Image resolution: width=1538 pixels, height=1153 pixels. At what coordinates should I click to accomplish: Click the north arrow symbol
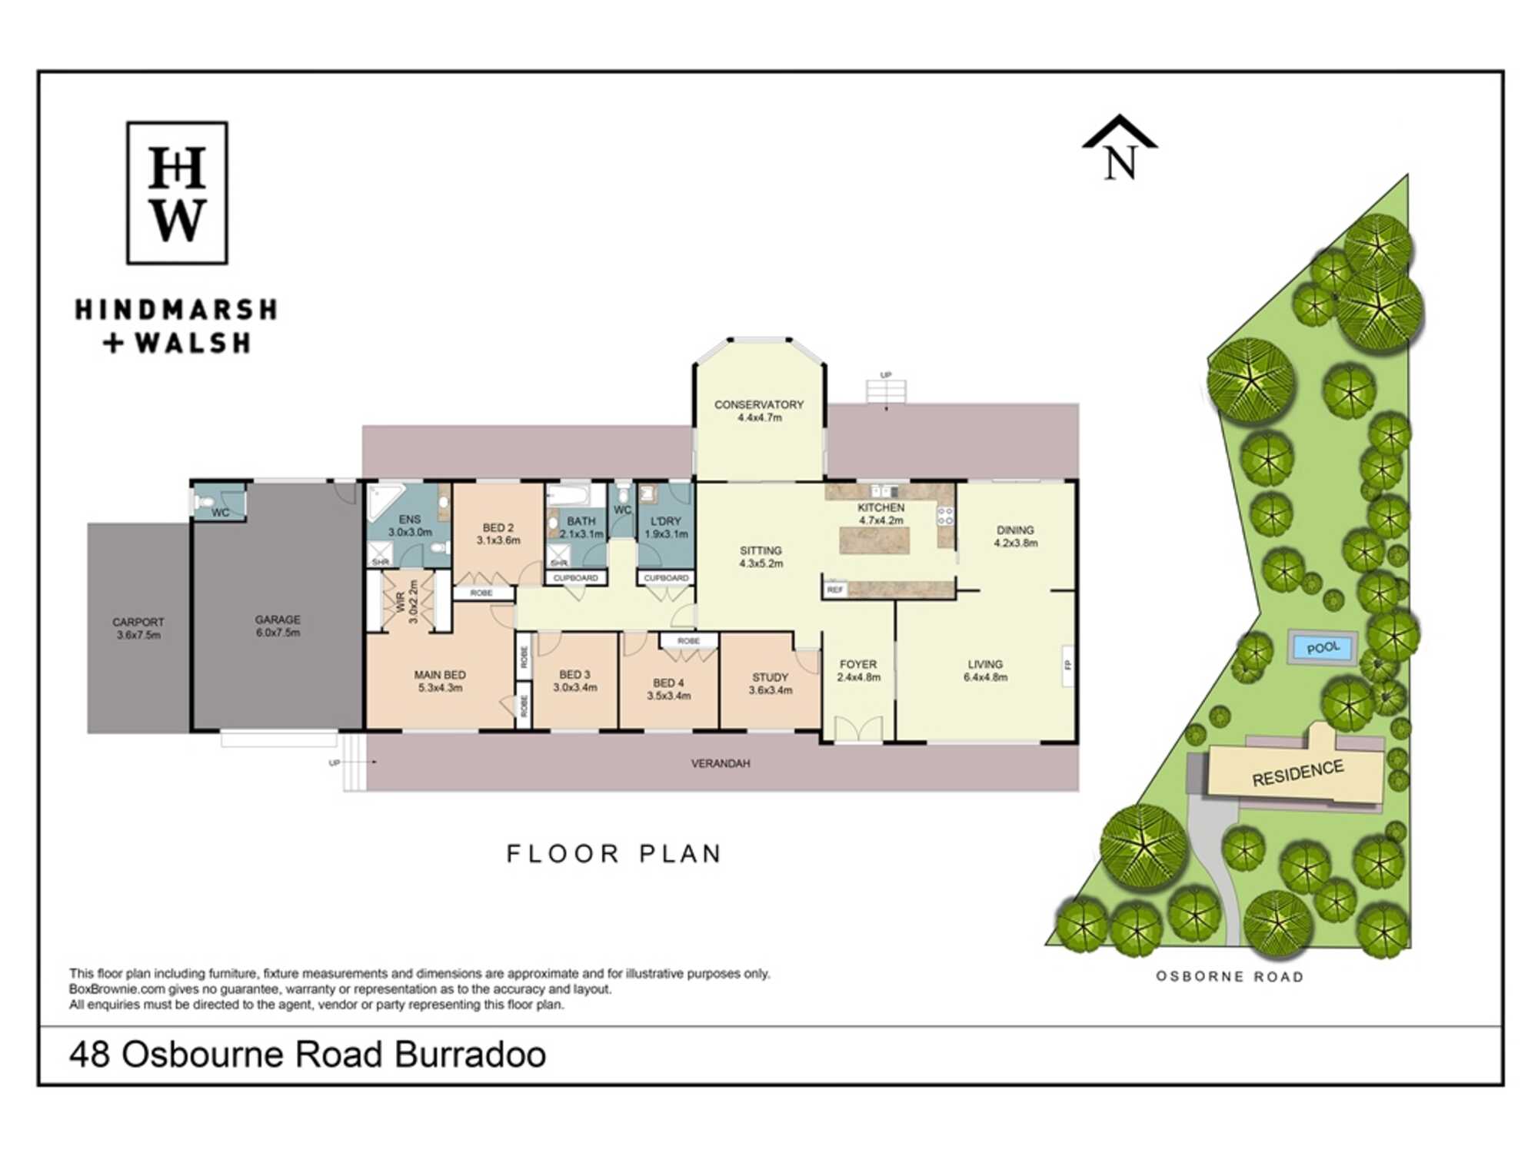[1120, 148]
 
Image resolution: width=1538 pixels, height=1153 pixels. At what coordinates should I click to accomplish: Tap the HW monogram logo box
[177, 193]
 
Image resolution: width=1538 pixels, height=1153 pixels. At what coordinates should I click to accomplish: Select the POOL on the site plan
[1323, 647]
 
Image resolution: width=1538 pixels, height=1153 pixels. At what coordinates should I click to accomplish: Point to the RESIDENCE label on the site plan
[1298, 773]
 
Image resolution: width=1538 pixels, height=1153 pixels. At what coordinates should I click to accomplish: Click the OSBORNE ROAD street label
[1230, 977]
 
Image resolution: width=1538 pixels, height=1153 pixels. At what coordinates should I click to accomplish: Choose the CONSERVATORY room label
[759, 404]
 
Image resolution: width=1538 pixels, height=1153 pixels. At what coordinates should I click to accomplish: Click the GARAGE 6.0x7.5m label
[278, 626]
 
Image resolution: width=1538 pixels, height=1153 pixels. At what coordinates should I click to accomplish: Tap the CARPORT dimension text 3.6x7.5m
[139, 635]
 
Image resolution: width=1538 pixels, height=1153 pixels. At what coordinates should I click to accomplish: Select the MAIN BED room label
[440, 675]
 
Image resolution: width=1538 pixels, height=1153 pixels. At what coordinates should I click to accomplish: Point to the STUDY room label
[771, 677]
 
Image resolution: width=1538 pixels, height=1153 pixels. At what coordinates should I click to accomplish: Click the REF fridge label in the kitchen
[835, 590]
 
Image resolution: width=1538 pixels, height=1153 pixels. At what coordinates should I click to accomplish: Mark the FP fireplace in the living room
[1067, 665]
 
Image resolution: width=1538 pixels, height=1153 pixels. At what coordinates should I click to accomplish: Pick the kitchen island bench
[874, 541]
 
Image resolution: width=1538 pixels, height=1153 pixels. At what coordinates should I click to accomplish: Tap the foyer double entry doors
[858, 729]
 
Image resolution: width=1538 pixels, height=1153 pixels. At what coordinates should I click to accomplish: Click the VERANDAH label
[721, 763]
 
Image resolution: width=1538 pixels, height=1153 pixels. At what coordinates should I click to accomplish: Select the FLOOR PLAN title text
[614, 854]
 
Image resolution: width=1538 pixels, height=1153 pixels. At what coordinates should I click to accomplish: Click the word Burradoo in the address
[471, 1055]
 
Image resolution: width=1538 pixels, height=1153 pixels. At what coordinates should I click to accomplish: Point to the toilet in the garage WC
[204, 503]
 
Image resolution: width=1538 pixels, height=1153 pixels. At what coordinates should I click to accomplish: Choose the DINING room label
[1015, 530]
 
